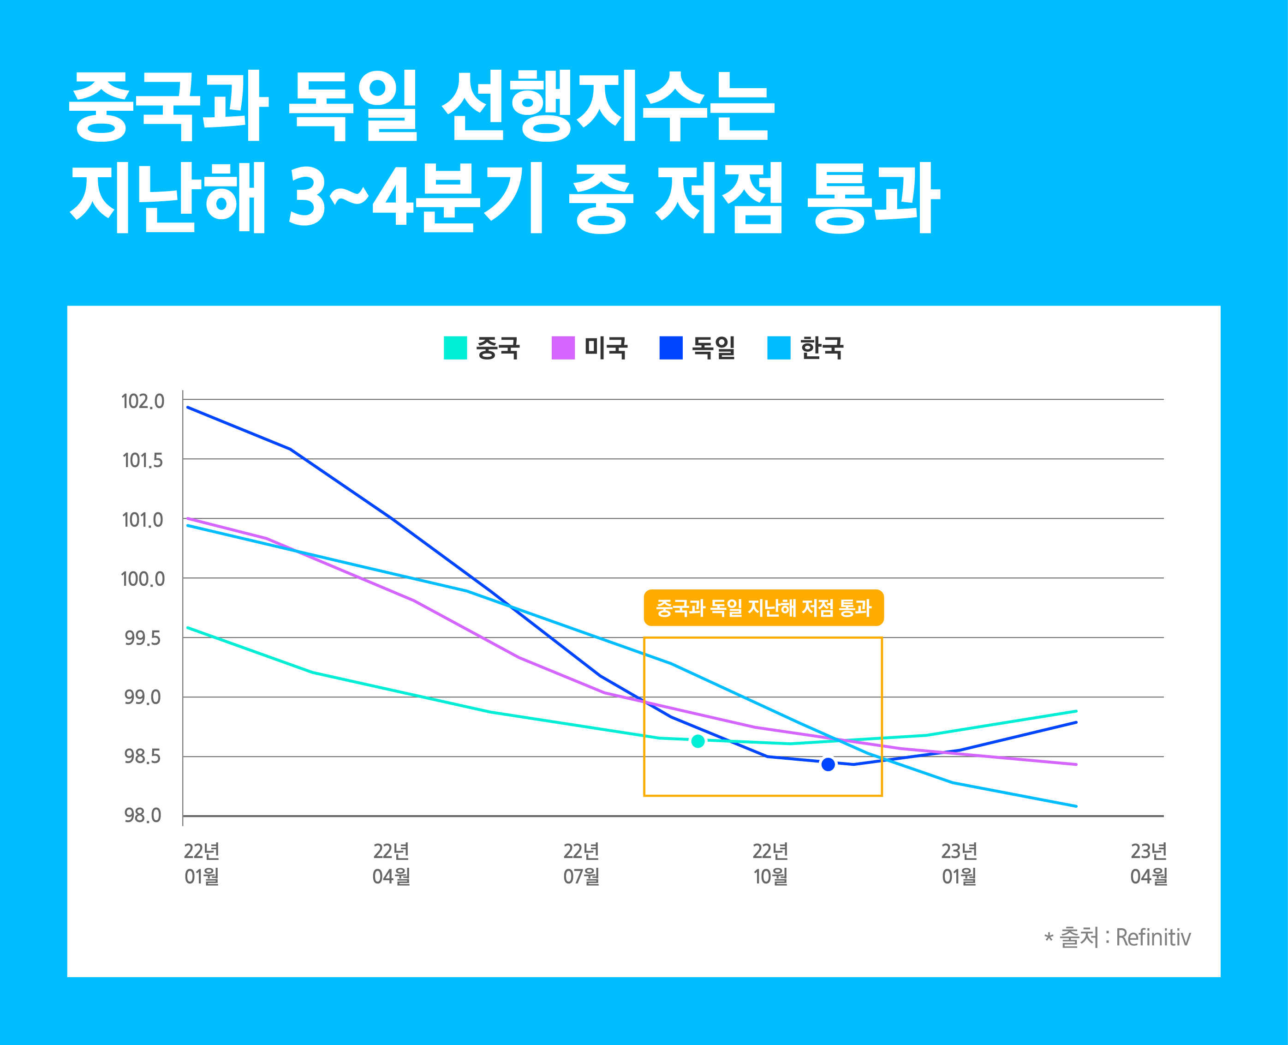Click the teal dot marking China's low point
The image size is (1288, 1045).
698,741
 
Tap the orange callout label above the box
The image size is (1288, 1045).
763,608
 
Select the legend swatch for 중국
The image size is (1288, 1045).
455,348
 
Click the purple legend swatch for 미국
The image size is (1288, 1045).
563,348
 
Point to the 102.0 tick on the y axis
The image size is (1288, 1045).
143,401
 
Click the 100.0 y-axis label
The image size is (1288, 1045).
143,579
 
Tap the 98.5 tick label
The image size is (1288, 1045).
143,757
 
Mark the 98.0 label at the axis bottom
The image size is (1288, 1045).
143,816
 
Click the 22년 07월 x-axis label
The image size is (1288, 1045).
581,864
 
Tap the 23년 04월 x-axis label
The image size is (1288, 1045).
1148,864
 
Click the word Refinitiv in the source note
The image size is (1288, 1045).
1153,937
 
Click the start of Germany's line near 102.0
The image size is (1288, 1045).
188,408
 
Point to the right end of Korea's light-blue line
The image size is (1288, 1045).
1076,806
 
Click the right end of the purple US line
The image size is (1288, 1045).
1076,764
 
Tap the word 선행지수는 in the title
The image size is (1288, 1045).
608,106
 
